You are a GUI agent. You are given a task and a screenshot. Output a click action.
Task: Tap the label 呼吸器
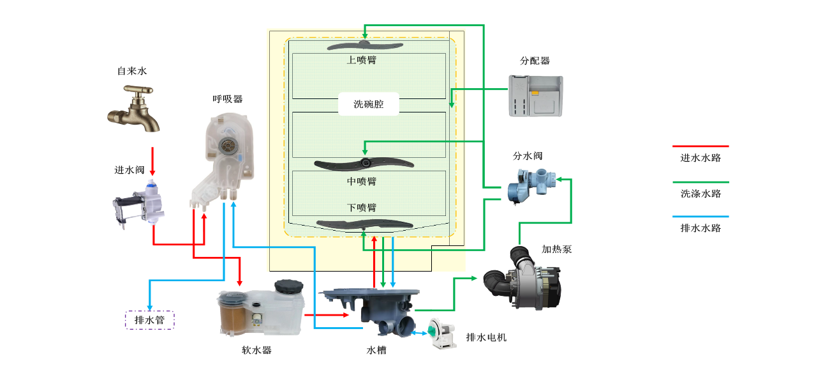pyautogui.click(x=228, y=99)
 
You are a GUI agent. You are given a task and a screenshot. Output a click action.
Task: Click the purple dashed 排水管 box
pyautogui.click(x=150, y=320)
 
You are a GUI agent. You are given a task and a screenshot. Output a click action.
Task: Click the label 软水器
pyautogui.click(x=256, y=350)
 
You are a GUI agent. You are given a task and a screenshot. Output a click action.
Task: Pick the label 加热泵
pyautogui.click(x=557, y=249)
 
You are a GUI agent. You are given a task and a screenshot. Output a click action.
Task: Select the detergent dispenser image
pyautogui.click(x=537, y=95)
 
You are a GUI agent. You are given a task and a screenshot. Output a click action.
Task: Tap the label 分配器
pyautogui.click(x=535, y=61)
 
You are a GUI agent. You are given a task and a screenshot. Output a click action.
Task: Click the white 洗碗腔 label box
pyautogui.click(x=368, y=104)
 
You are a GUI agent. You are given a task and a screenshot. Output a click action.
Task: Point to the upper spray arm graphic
pyautogui.click(x=365, y=46)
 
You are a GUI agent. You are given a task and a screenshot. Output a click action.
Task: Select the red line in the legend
pyautogui.click(x=704, y=146)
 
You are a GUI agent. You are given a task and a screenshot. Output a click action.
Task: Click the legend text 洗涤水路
pyautogui.click(x=700, y=193)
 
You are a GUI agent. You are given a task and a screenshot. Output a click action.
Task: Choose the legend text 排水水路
pyautogui.click(x=700, y=228)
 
